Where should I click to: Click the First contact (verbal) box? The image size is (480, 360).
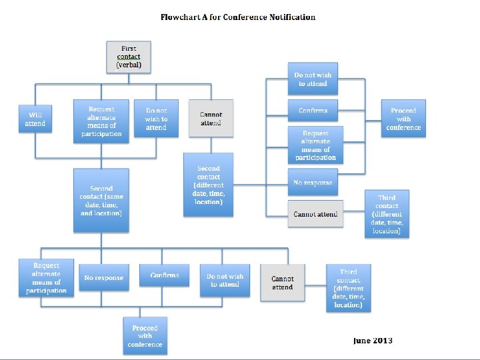[129, 57]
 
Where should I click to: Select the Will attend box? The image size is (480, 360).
[35, 119]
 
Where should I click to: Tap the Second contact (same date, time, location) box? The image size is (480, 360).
[101, 200]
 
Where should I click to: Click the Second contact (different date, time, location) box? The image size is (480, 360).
[209, 185]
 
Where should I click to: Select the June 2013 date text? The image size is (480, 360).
[373, 341]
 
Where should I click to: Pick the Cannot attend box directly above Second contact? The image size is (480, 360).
[211, 119]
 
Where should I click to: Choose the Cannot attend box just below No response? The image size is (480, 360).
[315, 213]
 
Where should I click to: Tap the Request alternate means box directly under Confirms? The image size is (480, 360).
[315, 145]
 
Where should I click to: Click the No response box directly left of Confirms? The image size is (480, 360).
[103, 278]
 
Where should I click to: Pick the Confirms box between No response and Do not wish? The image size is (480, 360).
[164, 276]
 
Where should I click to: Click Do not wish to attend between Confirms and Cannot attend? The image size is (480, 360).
[225, 281]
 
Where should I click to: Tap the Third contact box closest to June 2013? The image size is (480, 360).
[348, 288]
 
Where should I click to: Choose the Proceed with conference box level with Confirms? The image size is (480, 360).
[403, 119]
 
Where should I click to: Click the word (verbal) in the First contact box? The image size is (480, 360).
[129, 65]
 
